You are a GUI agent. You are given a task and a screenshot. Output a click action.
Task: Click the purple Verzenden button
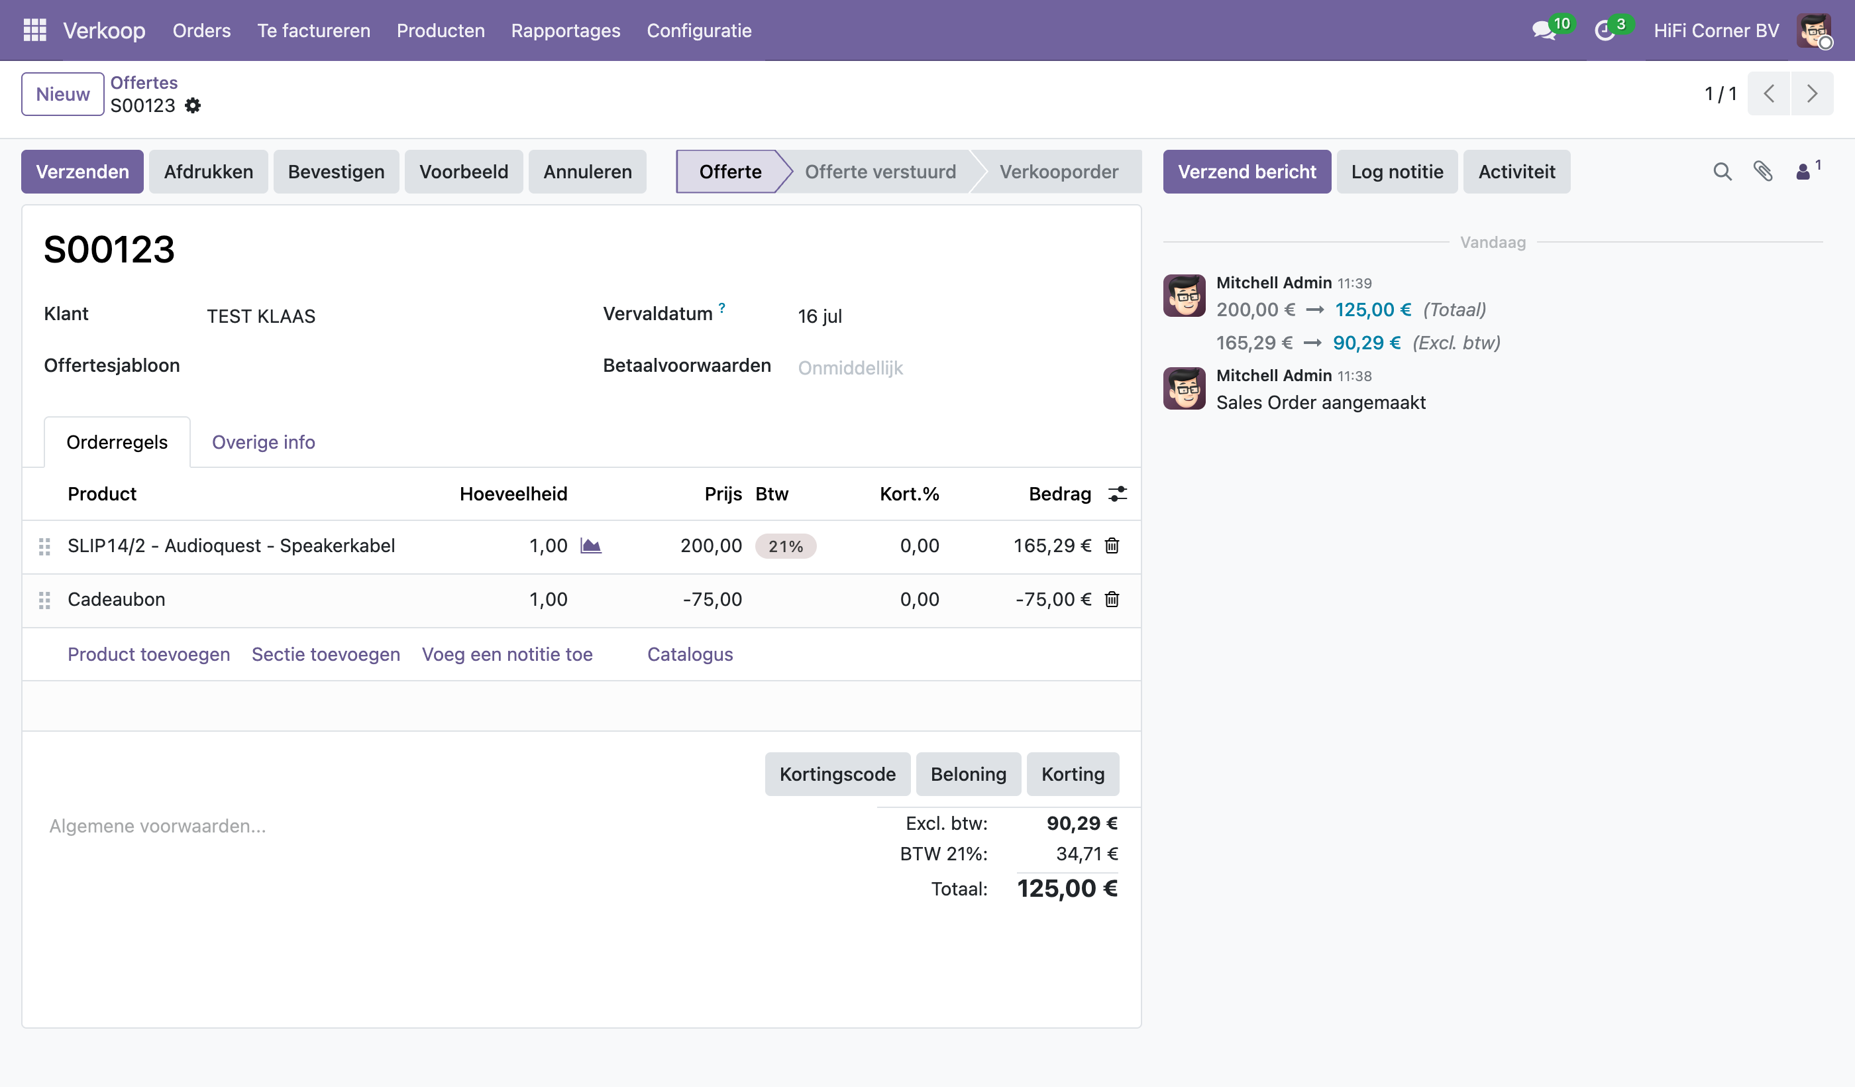82,172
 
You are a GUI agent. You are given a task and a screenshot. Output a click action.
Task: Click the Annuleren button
588,172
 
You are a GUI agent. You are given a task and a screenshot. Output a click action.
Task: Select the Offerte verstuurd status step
880,172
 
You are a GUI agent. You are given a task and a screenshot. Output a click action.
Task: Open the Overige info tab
264,442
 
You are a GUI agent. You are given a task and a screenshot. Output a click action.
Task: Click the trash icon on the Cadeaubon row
1112,599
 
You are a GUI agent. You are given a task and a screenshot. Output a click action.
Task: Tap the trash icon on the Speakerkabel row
1112,545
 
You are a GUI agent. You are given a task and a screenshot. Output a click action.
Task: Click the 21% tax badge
786,546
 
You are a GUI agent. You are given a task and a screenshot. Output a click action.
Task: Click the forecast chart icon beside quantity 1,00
590,545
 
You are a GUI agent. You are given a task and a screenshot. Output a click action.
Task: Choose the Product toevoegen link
148,654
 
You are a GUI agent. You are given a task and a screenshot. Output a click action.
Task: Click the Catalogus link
690,654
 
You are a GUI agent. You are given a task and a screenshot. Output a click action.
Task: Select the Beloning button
968,774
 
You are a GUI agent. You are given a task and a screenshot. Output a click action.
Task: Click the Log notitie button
1397,172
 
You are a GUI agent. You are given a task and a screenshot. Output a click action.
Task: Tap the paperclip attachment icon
1762,172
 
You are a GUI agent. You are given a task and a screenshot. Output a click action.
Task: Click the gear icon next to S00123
193,105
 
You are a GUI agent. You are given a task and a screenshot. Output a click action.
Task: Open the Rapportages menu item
565,30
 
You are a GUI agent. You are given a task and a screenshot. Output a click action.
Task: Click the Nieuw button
62,94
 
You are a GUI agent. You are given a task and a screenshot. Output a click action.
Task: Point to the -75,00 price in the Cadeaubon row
712,599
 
